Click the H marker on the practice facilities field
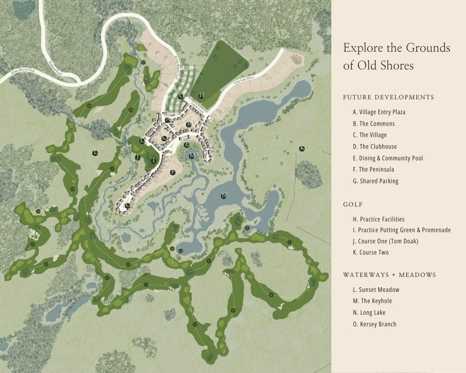tap(201, 95)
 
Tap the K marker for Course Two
tap(302, 148)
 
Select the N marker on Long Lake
tap(224, 196)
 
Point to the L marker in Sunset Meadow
tap(95, 152)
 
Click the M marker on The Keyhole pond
tap(192, 155)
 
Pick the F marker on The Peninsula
tap(173, 172)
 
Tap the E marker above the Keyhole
tap(187, 145)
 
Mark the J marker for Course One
tap(137, 158)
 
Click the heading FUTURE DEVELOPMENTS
tap(388, 97)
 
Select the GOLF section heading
tap(353, 205)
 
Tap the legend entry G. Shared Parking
tap(376, 181)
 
